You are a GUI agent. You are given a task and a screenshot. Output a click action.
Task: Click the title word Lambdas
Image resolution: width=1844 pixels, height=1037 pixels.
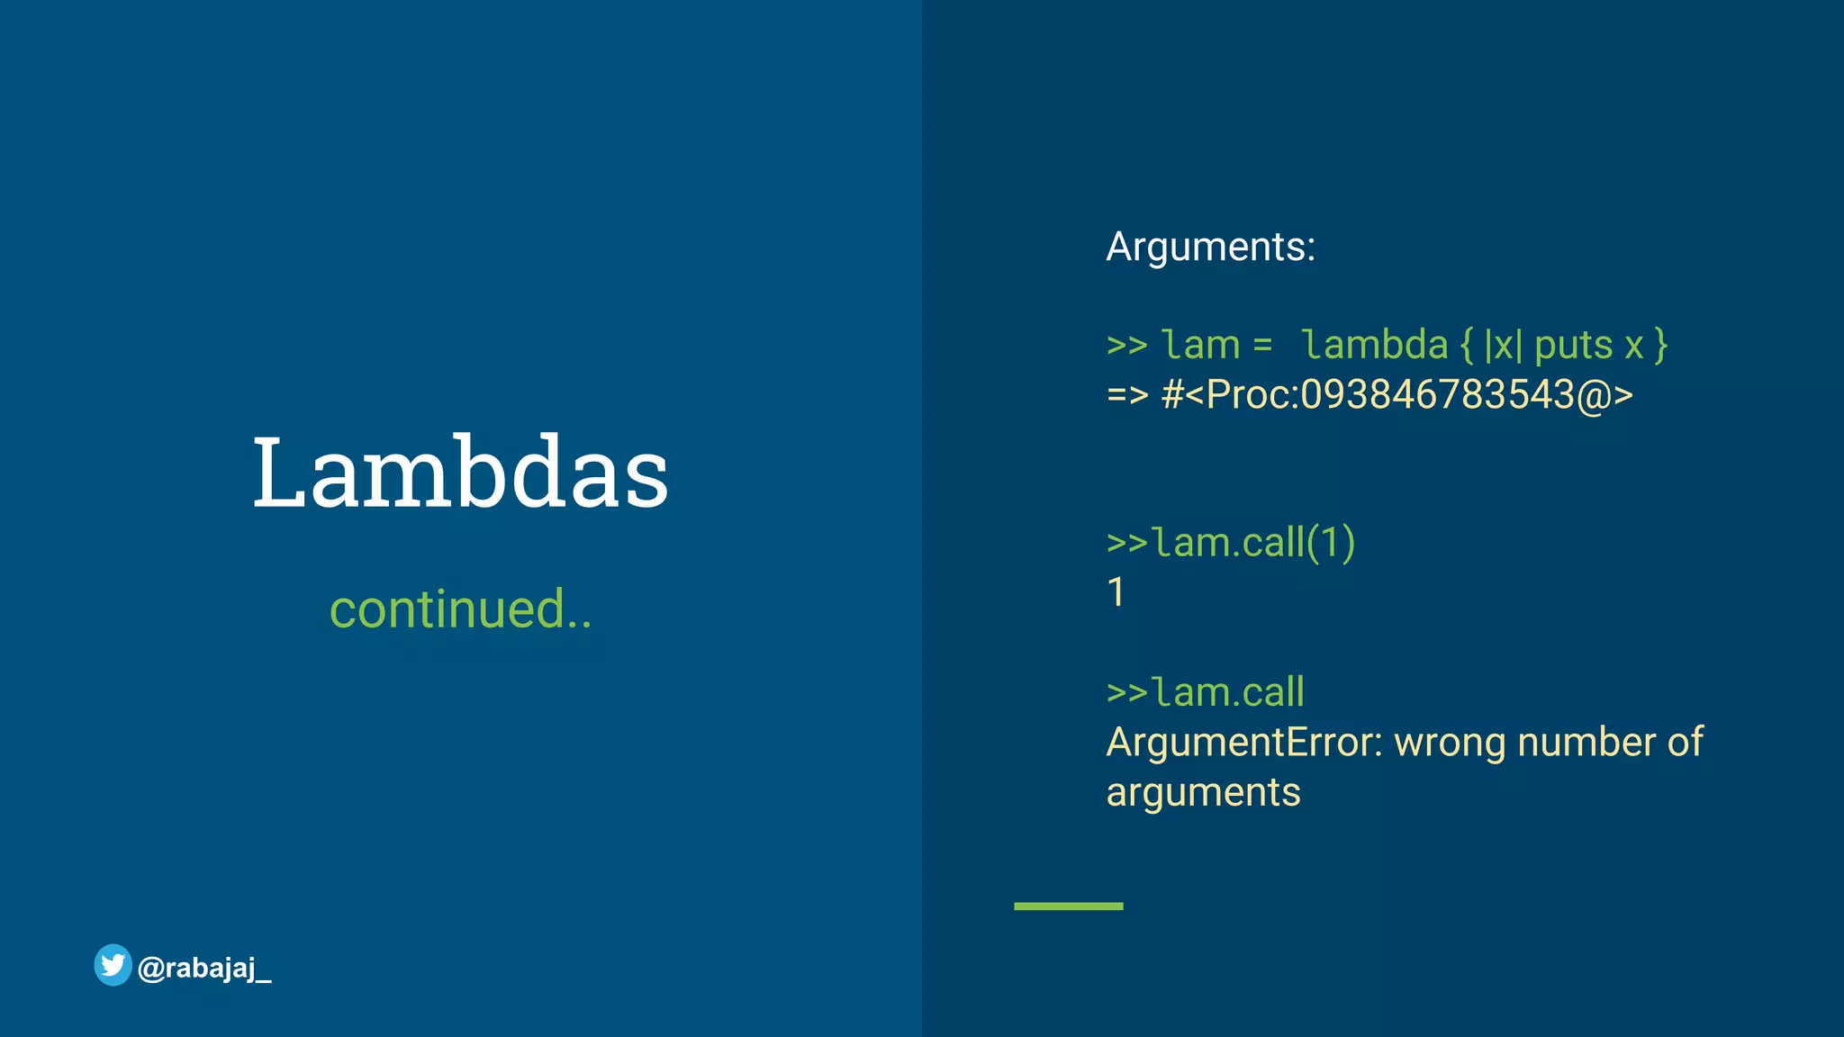click(x=460, y=473)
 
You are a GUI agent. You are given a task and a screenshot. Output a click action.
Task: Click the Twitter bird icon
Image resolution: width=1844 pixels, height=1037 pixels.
click(x=113, y=965)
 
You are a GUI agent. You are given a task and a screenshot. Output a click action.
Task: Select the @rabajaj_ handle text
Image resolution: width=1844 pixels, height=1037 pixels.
click(x=204, y=969)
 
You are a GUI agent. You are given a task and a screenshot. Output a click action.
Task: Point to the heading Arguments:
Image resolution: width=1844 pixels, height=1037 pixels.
click(x=1210, y=247)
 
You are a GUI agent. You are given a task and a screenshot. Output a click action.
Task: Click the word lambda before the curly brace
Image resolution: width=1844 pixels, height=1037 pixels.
click(x=1374, y=345)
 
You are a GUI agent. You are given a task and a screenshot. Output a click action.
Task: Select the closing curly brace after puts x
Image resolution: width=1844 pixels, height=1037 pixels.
click(x=1660, y=346)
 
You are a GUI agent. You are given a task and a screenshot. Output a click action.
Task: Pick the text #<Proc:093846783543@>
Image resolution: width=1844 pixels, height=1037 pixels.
click(x=1397, y=395)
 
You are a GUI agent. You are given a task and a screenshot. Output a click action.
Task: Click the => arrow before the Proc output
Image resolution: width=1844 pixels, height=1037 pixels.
click(x=1127, y=395)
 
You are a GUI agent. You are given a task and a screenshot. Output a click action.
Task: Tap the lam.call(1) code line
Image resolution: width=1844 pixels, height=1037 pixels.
click(x=1231, y=543)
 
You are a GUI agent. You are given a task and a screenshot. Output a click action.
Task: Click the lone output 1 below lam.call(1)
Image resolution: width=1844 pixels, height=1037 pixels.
click(x=1116, y=592)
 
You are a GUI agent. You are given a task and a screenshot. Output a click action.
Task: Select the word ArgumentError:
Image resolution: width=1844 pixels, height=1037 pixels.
click(x=1243, y=743)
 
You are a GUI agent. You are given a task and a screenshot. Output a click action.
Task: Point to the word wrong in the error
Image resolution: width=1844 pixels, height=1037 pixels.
click(x=1450, y=743)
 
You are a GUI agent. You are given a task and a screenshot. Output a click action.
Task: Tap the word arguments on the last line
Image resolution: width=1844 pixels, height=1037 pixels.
click(x=1203, y=793)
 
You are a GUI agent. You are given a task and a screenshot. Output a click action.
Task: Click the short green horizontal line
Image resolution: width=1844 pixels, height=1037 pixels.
click(x=1068, y=906)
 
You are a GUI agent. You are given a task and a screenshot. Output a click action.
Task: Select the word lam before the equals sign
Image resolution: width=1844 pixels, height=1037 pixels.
click(x=1200, y=345)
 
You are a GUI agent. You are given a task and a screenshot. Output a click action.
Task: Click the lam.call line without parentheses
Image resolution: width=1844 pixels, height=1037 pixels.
click(x=1206, y=692)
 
